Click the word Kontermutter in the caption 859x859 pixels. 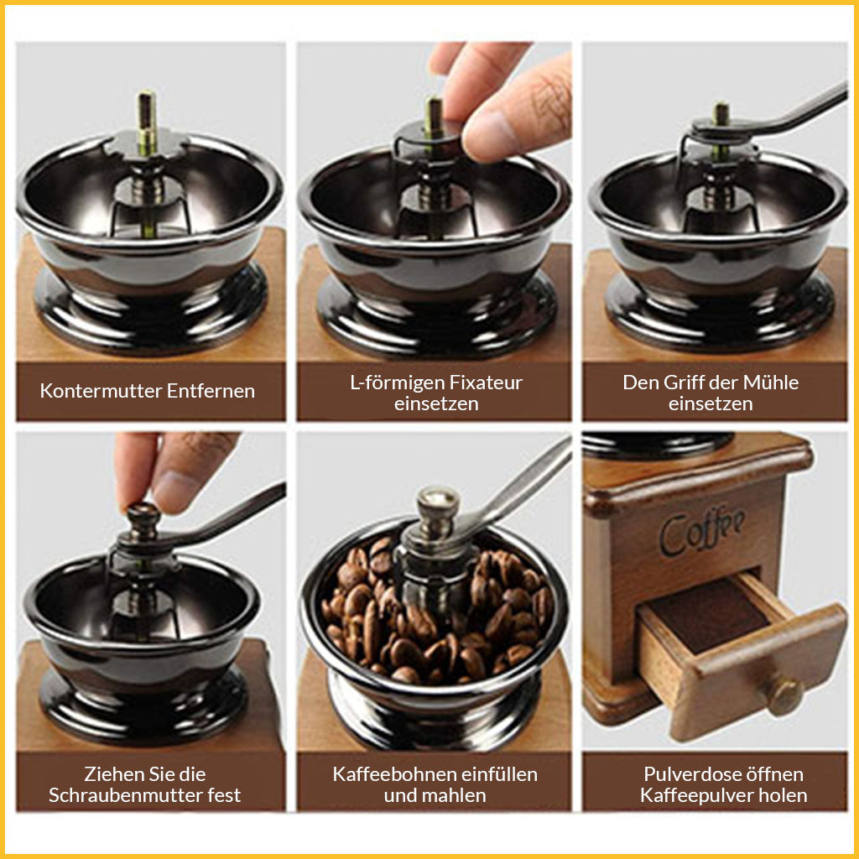[x=101, y=391]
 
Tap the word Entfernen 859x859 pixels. [x=211, y=391]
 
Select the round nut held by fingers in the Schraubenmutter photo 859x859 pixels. [x=143, y=519]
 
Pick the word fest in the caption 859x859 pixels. [x=224, y=795]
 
